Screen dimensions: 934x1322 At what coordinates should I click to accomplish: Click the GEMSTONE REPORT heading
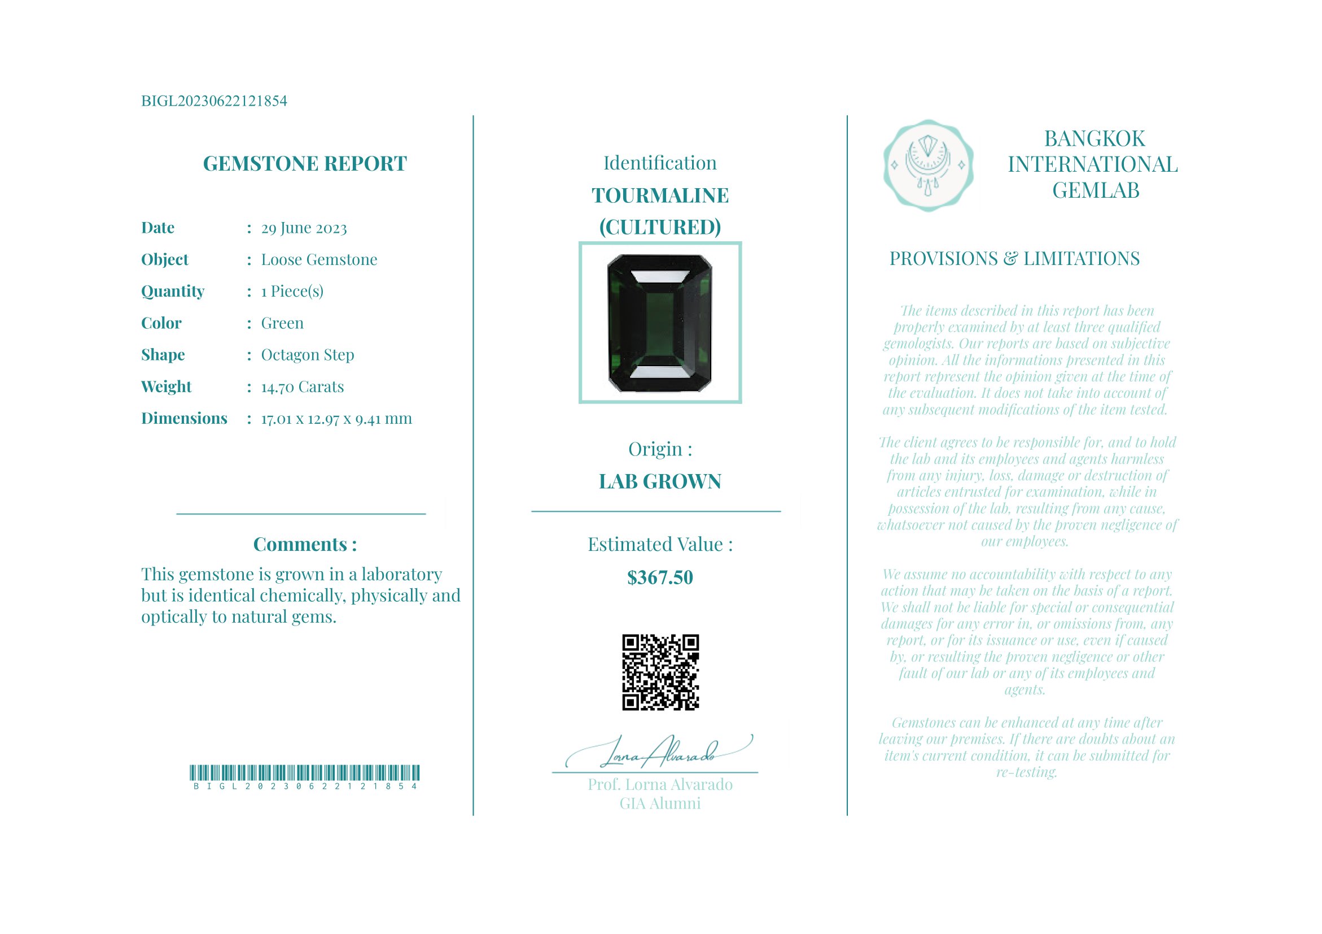305,164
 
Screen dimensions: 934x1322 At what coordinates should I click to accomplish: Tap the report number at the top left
213,101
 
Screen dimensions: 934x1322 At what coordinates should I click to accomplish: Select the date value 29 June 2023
304,228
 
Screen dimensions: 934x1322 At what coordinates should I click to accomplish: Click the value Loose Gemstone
319,260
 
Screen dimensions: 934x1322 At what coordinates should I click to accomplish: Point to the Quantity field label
173,292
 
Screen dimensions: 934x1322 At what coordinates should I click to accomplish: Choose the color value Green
282,323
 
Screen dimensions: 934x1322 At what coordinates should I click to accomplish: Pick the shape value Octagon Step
308,355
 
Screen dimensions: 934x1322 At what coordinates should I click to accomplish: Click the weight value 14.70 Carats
303,386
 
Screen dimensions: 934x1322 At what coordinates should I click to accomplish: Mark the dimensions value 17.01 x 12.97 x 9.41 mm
336,419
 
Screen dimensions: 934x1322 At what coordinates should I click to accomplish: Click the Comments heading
305,545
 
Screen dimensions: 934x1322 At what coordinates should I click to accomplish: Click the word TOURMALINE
660,196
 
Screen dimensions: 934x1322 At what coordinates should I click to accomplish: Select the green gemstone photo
660,323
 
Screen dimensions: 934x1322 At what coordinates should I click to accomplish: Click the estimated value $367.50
660,578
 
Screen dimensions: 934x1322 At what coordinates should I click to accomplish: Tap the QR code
660,672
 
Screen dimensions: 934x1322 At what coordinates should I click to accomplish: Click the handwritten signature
659,752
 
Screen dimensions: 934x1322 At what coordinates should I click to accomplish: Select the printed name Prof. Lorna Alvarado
660,785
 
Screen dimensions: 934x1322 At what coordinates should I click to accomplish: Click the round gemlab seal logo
928,166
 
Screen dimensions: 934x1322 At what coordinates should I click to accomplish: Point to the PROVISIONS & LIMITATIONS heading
1014,259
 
